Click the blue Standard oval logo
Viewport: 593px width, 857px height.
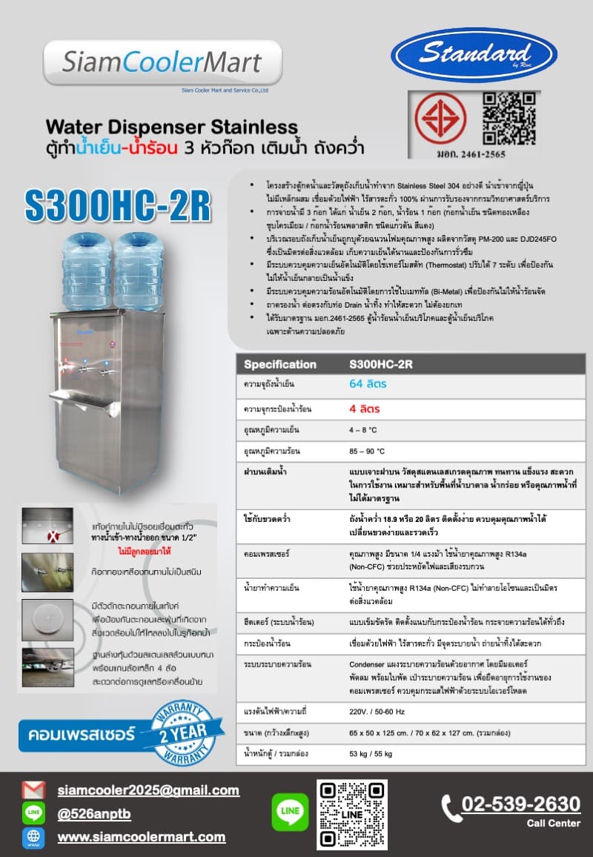pos(474,54)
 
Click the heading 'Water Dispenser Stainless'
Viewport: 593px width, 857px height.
pos(171,126)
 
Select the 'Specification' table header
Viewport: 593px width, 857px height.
pos(279,364)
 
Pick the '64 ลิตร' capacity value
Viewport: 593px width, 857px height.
pos(368,384)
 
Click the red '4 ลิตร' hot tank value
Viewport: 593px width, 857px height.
pos(364,408)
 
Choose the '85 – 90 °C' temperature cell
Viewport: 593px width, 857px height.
pos(367,451)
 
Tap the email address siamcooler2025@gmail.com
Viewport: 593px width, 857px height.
pos(148,790)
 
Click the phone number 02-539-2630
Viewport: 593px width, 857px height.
pos(520,804)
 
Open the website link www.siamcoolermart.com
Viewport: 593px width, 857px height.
pos(142,837)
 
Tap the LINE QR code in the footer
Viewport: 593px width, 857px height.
pos(352,814)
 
